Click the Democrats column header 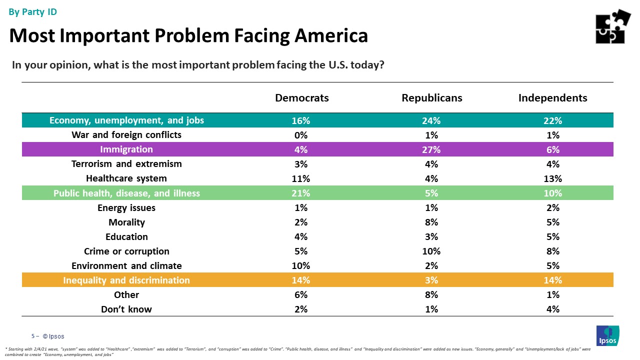pyautogui.click(x=301, y=98)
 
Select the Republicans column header pyautogui.click(x=431, y=98)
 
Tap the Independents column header pyautogui.click(x=552, y=98)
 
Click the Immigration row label pyautogui.click(x=126, y=149)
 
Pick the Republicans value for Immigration pyautogui.click(x=431, y=149)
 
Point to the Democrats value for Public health pyautogui.click(x=301, y=193)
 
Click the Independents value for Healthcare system pyautogui.click(x=552, y=178)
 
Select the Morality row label pyautogui.click(x=126, y=222)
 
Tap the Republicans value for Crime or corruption pyautogui.click(x=431, y=251)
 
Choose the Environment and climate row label pyautogui.click(x=126, y=265)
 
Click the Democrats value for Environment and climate pyautogui.click(x=301, y=265)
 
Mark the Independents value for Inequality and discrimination pyautogui.click(x=552, y=280)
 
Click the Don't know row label pyautogui.click(x=126, y=309)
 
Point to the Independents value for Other pyautogui.click(x=552, y=294)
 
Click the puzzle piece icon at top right pyautogui.click(x=612, y=26)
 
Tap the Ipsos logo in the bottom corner pyautogui.click(x=607, y=335)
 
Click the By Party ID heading pyautogui.click(x=33, y=12)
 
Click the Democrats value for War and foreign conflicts pyautogui.click(x=301, y=135)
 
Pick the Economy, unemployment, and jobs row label pyautogui.click(x=126, y=120)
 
